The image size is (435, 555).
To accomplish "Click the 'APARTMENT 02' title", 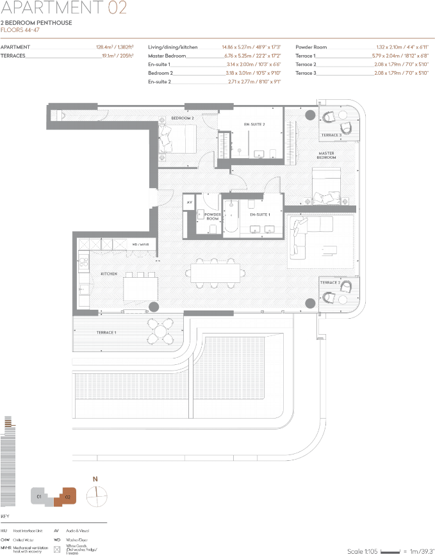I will tap(63, 8).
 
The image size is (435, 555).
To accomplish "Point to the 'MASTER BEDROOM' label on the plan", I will tap(327, 156).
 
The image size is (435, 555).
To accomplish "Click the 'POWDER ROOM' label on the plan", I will tap(212, 216).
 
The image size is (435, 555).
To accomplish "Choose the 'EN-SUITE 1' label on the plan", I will tap(259, 214).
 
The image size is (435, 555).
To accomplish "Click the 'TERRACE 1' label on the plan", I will tap(106, 332).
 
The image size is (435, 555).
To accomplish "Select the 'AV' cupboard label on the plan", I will tap(190, 202).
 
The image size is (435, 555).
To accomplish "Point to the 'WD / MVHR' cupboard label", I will tap(140, 245).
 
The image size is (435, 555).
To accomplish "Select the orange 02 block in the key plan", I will tap(67, 495).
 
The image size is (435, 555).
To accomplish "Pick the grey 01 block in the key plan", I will tap(40, 495).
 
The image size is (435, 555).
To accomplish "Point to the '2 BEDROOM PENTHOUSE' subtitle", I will tap(36, 23).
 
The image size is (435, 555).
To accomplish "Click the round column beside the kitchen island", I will tap(154, 307).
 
